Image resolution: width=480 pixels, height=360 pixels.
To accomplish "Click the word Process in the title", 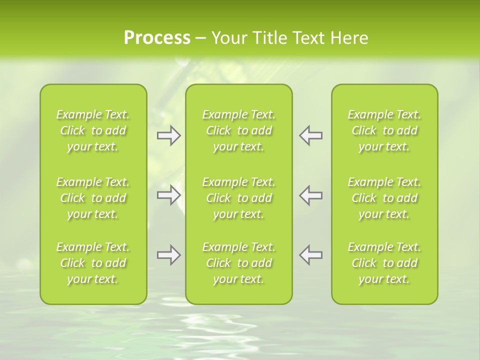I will [x=157, y=38].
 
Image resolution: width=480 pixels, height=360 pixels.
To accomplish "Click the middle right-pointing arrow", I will [x=169, y=195].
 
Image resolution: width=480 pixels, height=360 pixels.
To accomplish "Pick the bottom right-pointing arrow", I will [x=169, y=255].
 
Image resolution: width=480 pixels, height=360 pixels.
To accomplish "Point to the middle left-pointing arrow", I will [x=310, y=195].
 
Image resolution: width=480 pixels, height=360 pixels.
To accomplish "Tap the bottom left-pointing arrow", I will [x=310, y=255].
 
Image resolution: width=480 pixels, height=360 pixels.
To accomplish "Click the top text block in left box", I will [x=93, y=130].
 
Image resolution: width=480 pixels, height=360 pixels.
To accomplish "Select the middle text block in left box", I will [x=93, y=198].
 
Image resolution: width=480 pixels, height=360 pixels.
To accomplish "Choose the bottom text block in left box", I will [x=93, y=263].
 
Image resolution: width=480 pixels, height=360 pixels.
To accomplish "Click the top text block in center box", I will [x=239, y=130].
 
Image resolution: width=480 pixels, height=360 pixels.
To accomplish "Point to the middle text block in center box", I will [x=239, y=198].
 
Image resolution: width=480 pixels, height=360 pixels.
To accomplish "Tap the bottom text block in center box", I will [x=239, y=263].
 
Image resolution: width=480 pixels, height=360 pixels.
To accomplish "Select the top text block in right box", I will [x=384, y=130].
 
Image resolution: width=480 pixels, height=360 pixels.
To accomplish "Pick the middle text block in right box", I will [x=384, y=198].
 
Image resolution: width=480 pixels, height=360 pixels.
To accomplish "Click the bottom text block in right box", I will [x=384, y=263].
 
